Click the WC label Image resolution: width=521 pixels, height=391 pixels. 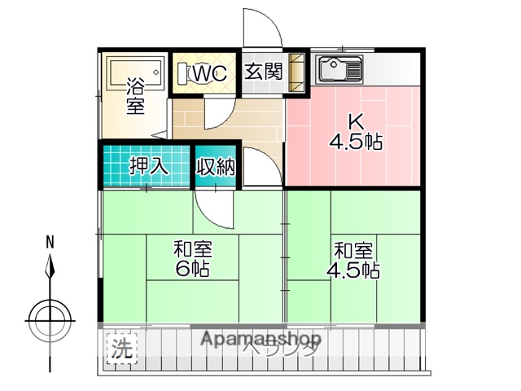point(208,72)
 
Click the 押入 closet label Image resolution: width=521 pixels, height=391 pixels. point(149,166)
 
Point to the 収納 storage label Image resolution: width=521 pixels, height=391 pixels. point(216,166)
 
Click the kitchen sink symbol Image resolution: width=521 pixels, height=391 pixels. point(341,68)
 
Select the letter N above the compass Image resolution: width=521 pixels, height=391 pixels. point(50,242)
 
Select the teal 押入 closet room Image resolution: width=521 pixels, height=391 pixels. point(147,166)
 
